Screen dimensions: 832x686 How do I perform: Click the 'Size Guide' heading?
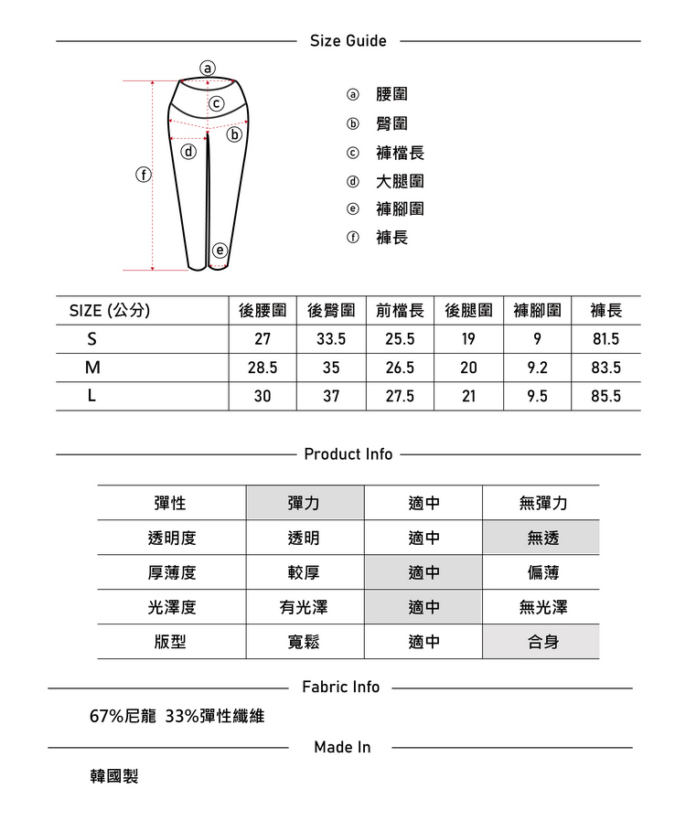pyautogui.click(x=348, y=41)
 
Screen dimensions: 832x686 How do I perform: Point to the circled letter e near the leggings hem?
pyautogui.click(x=220, y=250)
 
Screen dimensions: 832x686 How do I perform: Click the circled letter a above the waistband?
pyautogui.click(x=208, y=68)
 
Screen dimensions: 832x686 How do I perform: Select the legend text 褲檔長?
pyautogui.click(x=400, y=153)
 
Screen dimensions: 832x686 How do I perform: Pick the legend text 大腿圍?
pyautogui.click(x=400, y=181)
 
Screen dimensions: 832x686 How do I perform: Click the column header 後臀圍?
pyautogui.click(x=331, y=311)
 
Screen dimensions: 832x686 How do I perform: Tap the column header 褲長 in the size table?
pyautogui.click(x=606, y=311)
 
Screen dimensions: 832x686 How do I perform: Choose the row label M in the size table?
pyautogui.click(x=91, y=368)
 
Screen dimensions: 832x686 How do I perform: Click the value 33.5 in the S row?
pyautogui.click(x=330, y=339)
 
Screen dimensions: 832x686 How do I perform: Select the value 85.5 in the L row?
pyautogui.click(x=606, y=397)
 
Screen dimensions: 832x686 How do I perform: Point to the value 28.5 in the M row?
pyautogui.click(x=263, y=368)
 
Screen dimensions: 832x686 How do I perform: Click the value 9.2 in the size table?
pyautogui.click(x=537, y=368)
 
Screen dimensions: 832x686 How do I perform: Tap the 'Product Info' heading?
pyautogui.click(x=348, y=454)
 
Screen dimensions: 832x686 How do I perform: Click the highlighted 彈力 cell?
pyautogui.click(x=304, y=504)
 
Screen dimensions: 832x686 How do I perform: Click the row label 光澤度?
pyautogui.click(x=171, y=607)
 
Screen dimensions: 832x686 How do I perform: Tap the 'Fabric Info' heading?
pyautogui.click(x=340, y=688)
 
